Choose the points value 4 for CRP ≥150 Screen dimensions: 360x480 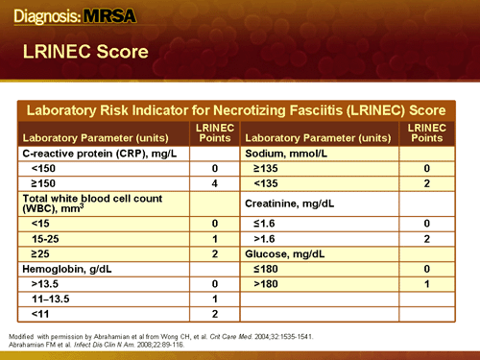[216, 182]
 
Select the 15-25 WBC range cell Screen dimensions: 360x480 [47, 237]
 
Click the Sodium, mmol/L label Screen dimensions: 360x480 [288, 153]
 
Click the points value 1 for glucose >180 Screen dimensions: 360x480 [425, 283]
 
